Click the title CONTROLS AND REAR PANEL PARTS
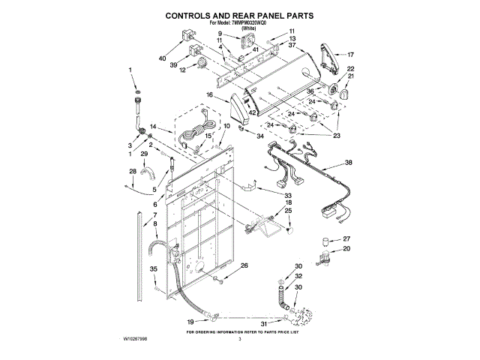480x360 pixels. (x=239, y=14)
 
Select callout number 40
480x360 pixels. (x=163, y=58)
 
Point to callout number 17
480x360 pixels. (x=349, y=54)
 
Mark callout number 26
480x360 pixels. (x=244, y=266)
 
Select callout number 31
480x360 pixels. (x=263, y=323)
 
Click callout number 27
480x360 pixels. (x=346, y=239)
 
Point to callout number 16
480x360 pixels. (x=210, y=96)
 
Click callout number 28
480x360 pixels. (x=133, y=172)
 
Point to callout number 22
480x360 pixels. (x=350, y=69)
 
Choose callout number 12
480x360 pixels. (x=182, y=70)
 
